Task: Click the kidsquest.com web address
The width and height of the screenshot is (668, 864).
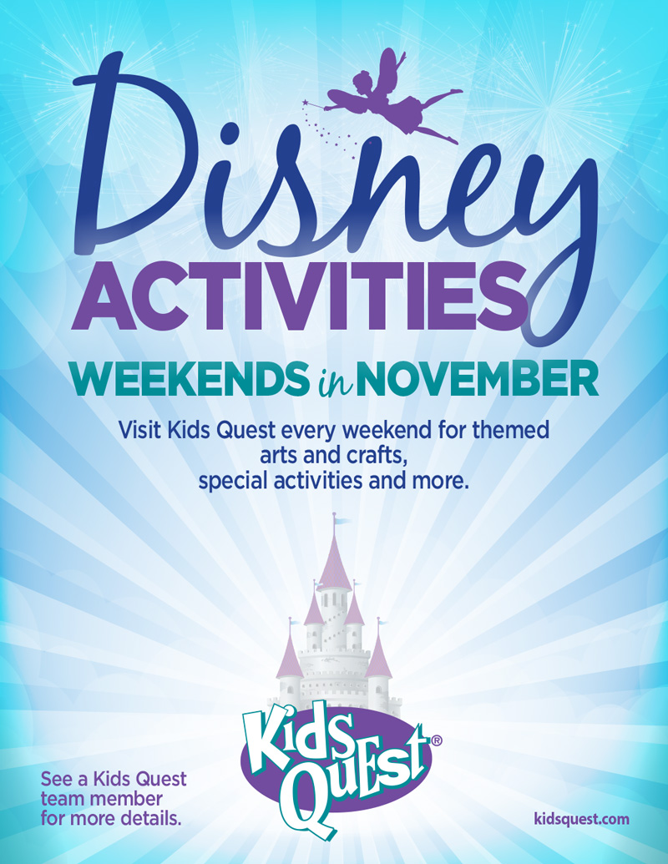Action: pyautogui.click(x=580, y=819)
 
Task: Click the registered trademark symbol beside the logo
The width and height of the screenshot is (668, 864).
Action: pyautogui.click(x=436, y=740)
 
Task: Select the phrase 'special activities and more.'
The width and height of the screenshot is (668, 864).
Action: pyautogui.click(x=334, y=481)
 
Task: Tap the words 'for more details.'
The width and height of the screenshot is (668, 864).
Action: pyautogui.click(x=110, y=820)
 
